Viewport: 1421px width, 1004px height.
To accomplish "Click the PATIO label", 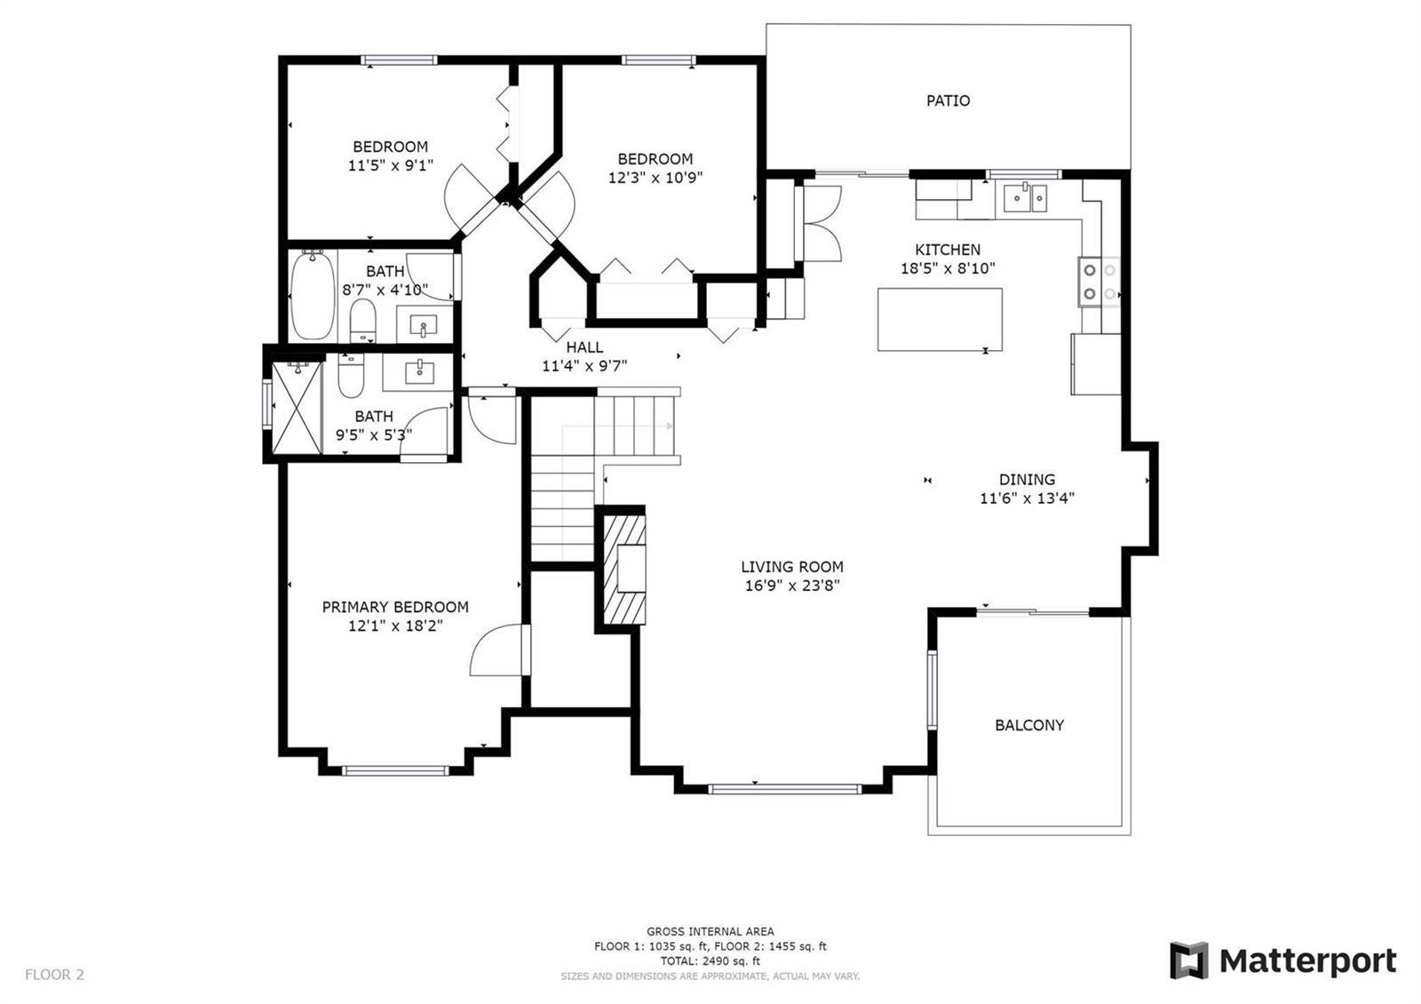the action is click(x=948, y=100).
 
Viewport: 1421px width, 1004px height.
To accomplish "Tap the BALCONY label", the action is click(x=1029, y=725).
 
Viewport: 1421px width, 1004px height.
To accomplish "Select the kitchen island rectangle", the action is click(x=940, y=319).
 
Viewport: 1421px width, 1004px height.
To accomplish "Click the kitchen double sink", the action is click(x=1025, y=197).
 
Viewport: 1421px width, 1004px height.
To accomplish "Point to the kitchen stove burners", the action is click(x=1099, y=282).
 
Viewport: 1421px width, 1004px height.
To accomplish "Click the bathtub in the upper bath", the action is click(x=312, y=295).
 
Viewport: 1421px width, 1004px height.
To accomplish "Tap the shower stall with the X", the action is click(x=297, y=408).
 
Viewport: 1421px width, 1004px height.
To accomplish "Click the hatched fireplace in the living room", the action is click(x=623, y=570).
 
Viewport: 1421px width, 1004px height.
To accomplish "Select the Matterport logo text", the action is click(x=1307, y=961).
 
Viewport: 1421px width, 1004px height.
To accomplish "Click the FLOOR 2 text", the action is click(x=54, y=974).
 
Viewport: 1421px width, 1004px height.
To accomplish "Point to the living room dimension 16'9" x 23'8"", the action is click(x=791, y=585).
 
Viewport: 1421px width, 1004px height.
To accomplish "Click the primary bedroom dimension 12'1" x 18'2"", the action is click(x=395, y=626).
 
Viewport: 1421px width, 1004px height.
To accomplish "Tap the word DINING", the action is click(x=1027, y=479).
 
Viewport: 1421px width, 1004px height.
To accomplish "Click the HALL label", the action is click(x=584, y=347).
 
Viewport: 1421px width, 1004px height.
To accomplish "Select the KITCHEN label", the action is click(x=948, y=250).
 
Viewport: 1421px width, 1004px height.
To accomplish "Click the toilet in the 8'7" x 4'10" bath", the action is click(x=363, y=321).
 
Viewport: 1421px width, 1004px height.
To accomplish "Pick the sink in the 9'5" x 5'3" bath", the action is click(x=418, y=371).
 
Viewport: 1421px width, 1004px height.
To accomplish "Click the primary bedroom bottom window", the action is click(x=395, y=771).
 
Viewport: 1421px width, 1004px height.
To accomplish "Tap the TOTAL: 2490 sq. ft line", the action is click(x=710, y=960).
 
